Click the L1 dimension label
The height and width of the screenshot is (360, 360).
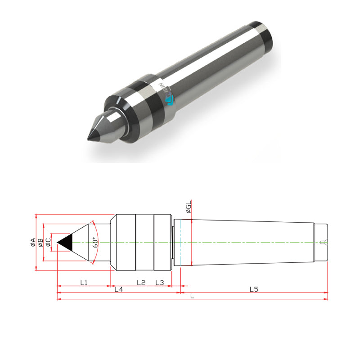tap(84, 283)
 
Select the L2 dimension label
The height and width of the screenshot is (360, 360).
tap(140, 283)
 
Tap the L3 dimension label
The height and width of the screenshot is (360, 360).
tap(160, 283)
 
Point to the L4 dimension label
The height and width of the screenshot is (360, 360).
tap(118, 289)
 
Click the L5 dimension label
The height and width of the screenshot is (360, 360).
tap(254, 289)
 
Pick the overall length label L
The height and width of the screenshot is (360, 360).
tap(193, 296)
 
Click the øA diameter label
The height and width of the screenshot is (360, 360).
tap(32, 243)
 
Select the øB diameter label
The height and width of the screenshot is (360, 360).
tap(40, 243)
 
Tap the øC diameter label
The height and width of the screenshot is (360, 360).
tap(48, 243)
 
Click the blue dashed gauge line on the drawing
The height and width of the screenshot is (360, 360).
tap(180, 243)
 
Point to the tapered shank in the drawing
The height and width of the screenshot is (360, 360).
tap(247, 243)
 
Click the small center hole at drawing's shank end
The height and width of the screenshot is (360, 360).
tap(321, 243)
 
